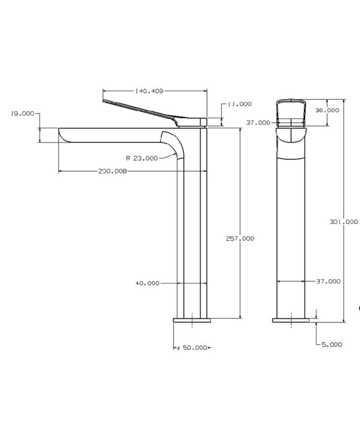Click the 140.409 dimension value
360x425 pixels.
[149, 91]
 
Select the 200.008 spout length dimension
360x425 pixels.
[112, 171]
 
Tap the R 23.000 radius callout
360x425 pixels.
[142, 158]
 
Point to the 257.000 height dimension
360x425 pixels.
[240, 238]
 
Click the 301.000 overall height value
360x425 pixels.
[344, 222]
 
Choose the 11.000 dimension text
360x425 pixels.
[240, 104]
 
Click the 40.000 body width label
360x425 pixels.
[147, 283]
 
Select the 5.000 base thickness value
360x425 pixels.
[331, 345]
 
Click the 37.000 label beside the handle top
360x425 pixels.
[258, 122]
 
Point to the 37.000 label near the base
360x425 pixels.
[328, 281]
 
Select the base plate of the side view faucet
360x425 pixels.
[192, 321]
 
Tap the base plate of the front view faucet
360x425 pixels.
[292, 321]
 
